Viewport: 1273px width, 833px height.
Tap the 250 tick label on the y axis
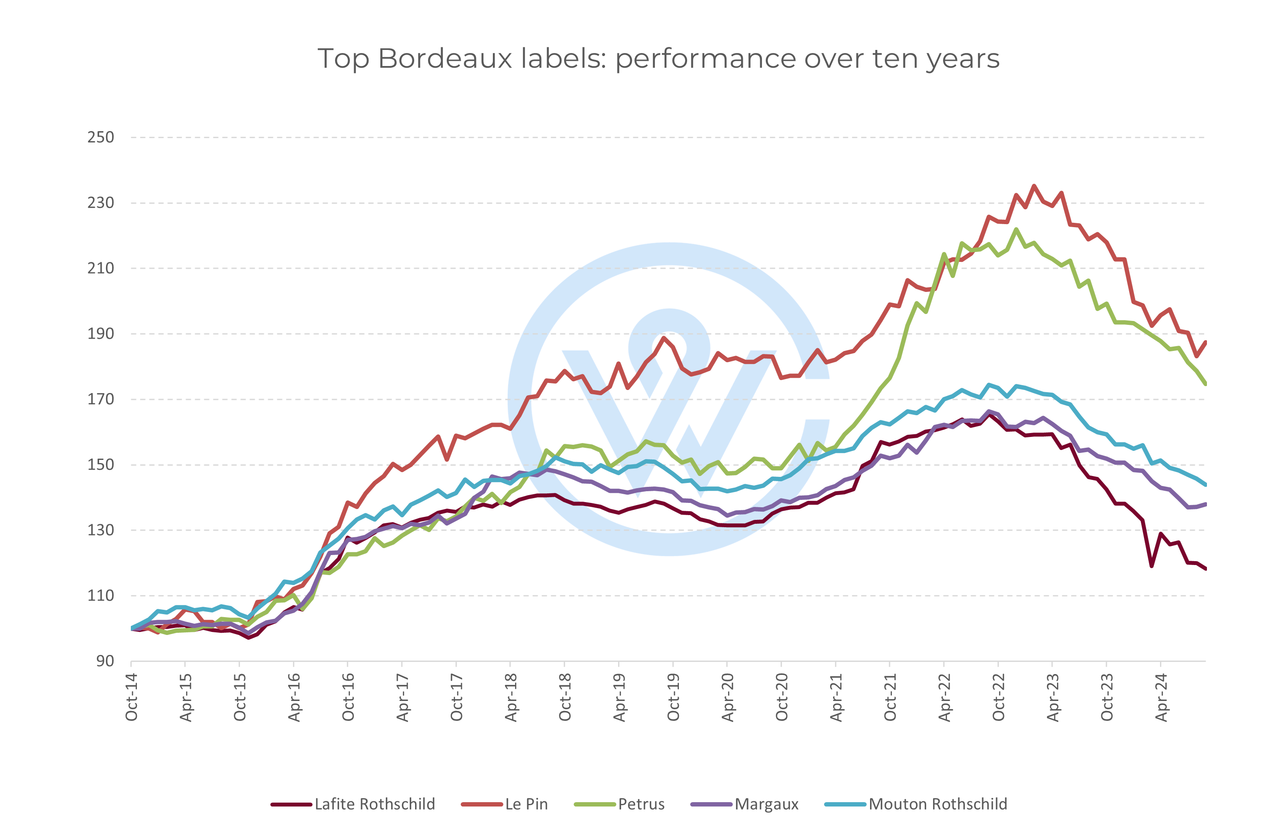(100, 137)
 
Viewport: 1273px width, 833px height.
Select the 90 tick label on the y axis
(105, 661)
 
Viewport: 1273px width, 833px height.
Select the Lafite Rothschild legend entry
(374, 804)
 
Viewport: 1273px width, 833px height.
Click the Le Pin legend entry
(526, 804)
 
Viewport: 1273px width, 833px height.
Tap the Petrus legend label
(641, 804)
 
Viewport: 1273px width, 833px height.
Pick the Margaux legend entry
(767, 804)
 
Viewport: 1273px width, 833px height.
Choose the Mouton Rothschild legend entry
(937, 804)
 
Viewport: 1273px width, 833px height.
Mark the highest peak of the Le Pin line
(1034, 186)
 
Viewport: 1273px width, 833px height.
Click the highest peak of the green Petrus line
(1016, 229)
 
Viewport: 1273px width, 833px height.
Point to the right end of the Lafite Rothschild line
(1206, 569)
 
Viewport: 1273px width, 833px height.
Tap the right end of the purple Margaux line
(1206, 504)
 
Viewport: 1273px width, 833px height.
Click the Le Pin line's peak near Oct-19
(664, 337)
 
